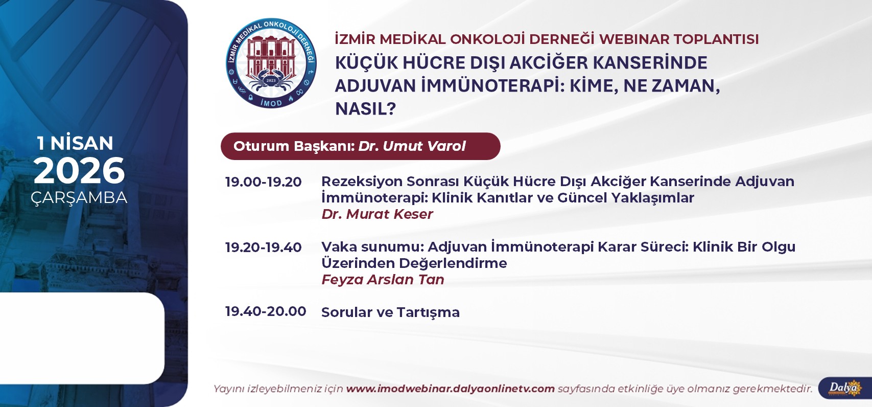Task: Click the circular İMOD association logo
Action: [x=271, y=63]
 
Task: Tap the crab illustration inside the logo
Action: [x=271, y=79]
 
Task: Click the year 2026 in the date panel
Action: [x=79, y=171]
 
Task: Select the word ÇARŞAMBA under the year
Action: [x=79, y=197]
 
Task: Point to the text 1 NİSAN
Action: [x=75, y=143]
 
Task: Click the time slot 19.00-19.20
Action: [x=263, y=182]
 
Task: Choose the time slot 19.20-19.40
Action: [x=263, y=247]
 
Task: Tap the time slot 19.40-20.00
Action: [x=266, y=311]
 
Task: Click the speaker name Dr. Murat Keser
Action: [x=377, y=214]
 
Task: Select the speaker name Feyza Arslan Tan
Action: [x=383, y=279]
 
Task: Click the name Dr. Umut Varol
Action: [x=412, y=146]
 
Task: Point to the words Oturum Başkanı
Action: [x=294, y=146]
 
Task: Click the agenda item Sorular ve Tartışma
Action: [x=390, y=312]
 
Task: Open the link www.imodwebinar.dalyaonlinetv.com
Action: [x=451, y=389]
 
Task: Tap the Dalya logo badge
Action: [x=845, y=388]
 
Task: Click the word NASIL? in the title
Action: [x=366, y=109]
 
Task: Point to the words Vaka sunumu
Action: [x=372, y=247]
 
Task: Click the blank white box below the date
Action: [x=82, y=338]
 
